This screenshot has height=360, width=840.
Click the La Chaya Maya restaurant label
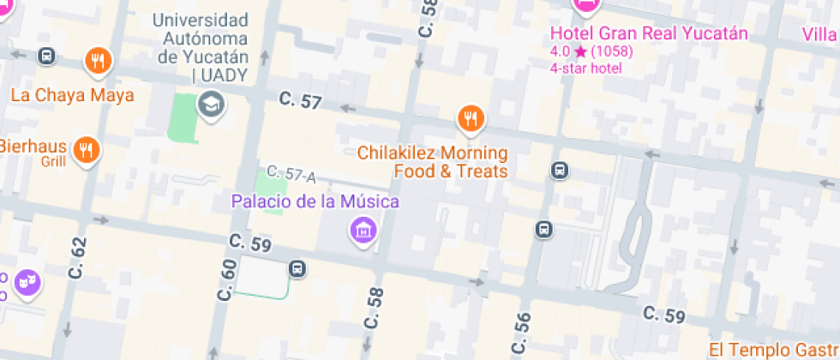coord(73,95)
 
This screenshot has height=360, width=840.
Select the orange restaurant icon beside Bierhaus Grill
coord(86,150)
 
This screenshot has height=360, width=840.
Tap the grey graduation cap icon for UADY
coord(208,106)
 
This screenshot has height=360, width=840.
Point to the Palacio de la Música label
coord(315,202)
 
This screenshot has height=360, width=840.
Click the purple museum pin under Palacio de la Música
coord(363,229)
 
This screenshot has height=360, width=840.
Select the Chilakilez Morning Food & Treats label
coord(432,162)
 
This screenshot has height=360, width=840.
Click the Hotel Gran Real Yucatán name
coord(649,33)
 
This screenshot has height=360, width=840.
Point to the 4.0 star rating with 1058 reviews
coord(591,51)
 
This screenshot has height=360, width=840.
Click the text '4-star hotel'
coord(586,68)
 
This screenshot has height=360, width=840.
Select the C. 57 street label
coord(300,101)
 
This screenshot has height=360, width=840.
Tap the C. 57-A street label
coord(291,175)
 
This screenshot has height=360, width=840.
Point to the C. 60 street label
coord(226,279)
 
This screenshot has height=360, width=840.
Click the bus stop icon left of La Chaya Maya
coord(47,57)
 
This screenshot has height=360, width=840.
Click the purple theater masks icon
coord(28,282)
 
